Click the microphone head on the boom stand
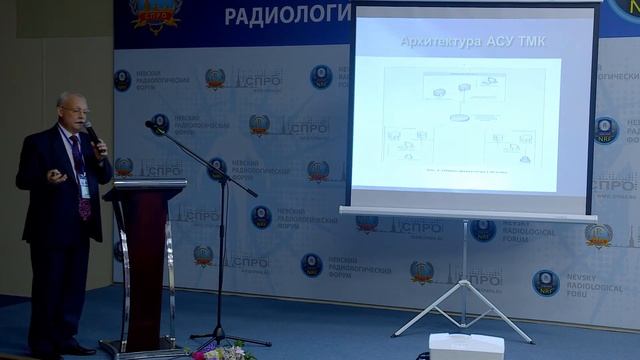click(x=154, y=126)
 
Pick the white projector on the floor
click(x=465, y=346)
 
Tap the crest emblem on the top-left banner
click(x=154, y=14)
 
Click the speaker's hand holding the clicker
click(x=57, y=176)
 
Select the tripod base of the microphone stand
click(x=222, y=337)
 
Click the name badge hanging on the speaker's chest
click(x=84, y=186)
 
